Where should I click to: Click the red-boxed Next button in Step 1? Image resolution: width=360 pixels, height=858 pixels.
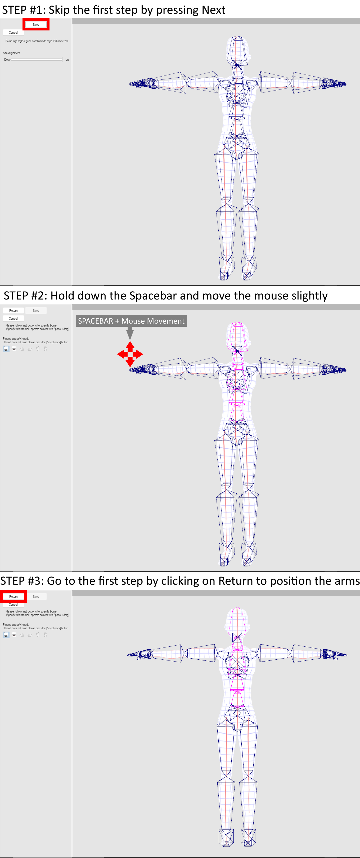pos(36,25)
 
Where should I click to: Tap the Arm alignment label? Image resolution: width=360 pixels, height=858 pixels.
pos(12,53)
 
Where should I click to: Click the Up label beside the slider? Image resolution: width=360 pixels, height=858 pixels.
pos(67,60)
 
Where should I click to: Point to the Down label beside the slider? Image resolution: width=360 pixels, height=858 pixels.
pos(7,60)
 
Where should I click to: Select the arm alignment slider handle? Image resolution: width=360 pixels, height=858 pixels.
pos(62,60)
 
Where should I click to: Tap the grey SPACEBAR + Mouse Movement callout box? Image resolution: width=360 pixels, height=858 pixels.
pos(131,321)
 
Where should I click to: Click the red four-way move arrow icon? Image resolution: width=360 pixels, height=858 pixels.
pos(130,354)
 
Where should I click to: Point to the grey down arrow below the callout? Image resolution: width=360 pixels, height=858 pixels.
pos(130,333)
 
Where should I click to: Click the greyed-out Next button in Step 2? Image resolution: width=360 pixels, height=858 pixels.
pos(36,310)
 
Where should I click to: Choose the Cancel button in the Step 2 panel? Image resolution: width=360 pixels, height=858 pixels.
pos(13,318)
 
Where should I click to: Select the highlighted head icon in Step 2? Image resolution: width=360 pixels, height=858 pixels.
pos(6,349)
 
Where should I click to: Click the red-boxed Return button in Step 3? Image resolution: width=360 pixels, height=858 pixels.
pos(13,597)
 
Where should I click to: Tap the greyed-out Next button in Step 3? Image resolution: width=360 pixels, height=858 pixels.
pos(36,597)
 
